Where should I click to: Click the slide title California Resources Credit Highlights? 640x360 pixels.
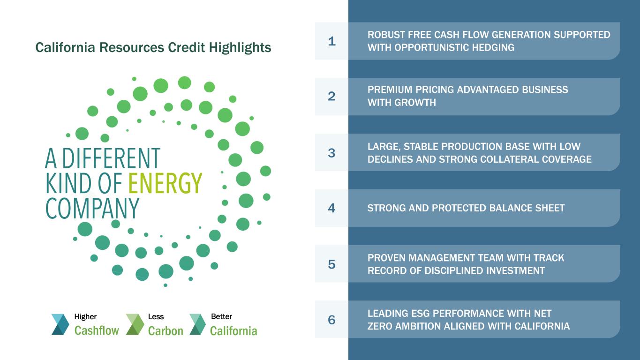[153, 48]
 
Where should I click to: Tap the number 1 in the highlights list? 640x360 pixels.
[331, 41]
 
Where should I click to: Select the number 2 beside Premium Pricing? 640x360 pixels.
[331, 96]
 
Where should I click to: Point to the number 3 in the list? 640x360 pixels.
[331, 153]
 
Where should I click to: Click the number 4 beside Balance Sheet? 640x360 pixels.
[331, 208]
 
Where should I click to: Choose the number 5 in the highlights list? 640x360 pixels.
[331, 264]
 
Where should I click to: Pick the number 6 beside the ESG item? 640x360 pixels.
[331, 320]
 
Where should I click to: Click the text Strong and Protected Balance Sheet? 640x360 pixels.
[466, 208]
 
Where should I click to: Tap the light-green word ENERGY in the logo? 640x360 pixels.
[165, 183]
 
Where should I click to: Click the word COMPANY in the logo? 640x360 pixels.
[92, 209]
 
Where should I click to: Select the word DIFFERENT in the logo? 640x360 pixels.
[111, 158]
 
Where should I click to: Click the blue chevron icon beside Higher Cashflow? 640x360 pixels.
[60, 324]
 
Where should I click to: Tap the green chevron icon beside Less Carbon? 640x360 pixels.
[135, 324]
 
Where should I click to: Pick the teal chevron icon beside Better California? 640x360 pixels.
[197, 324]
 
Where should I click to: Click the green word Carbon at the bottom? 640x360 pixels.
[166, 331]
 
